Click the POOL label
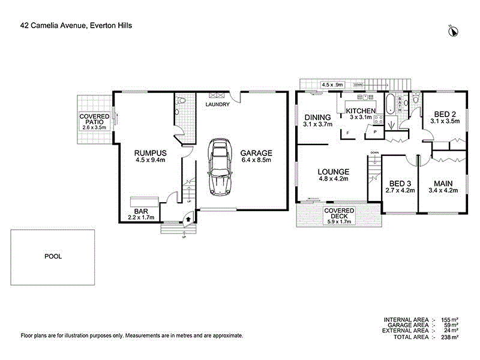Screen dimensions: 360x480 [x=53, y=256]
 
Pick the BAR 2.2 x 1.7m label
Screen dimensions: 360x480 [x=141, y=214]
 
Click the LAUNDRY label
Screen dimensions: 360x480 [x=217, y=105]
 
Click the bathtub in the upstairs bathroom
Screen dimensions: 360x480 [x=390, y=104]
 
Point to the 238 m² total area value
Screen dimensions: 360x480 [x=451, y=338]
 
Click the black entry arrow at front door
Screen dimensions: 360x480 [x=190, y=220]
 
